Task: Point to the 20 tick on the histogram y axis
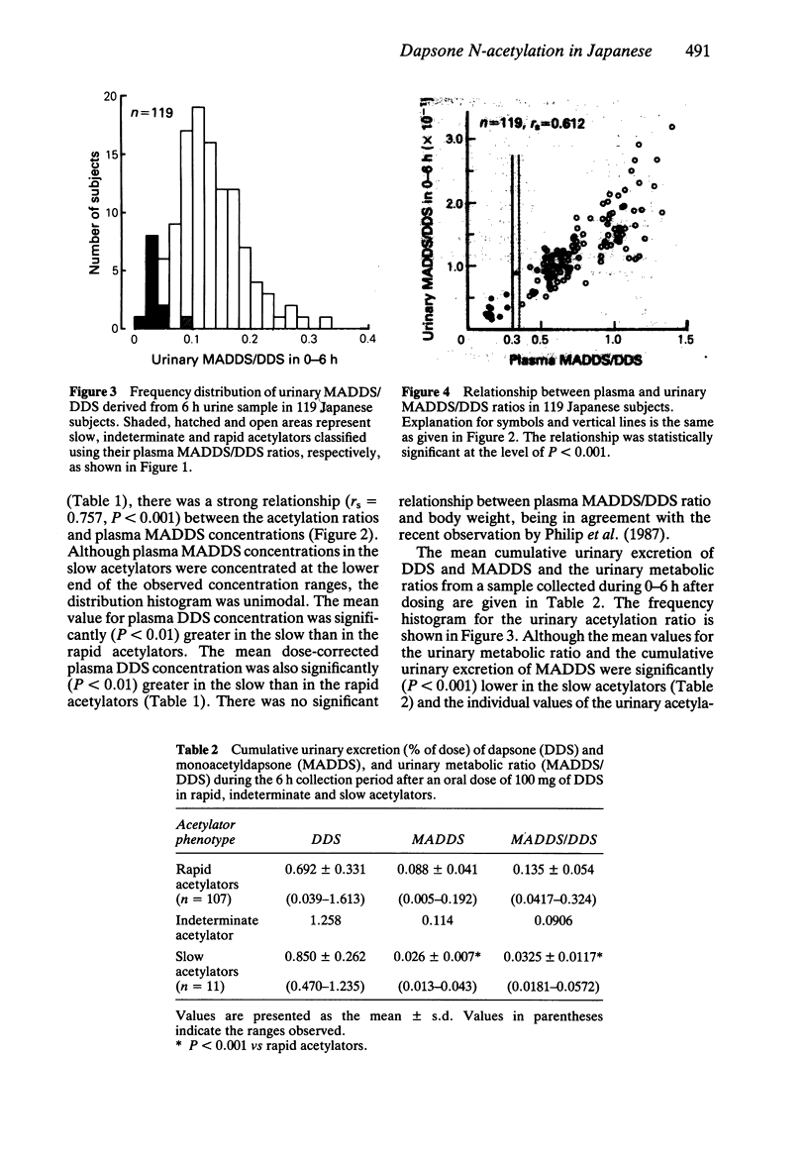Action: pos(110,97)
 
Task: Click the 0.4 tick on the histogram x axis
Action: pos(366,339)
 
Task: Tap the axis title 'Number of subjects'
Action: pos(95,212)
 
